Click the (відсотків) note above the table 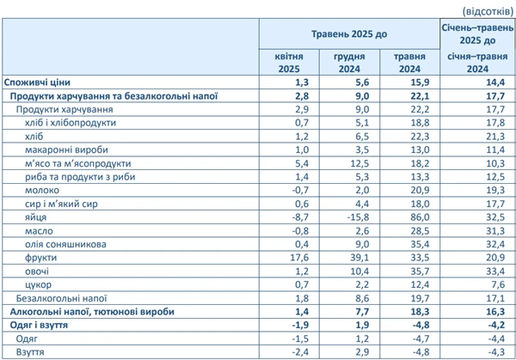click(x=489, y=10)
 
